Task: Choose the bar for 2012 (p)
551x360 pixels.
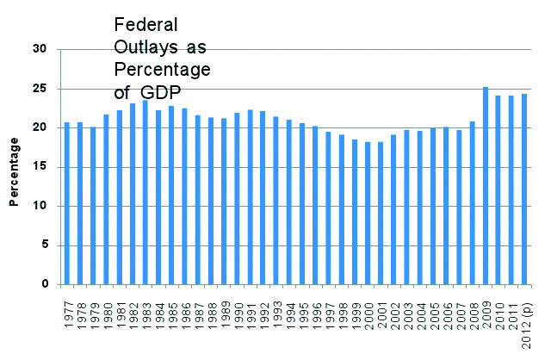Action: pos(524,189)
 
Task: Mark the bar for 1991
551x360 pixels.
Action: pos(250,197)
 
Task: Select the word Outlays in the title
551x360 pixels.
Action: pos(144,47)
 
